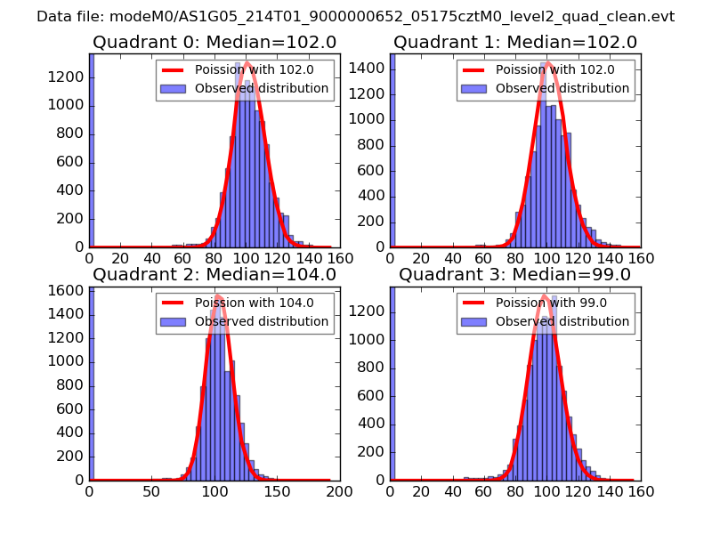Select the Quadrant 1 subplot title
click(x=515, y=42)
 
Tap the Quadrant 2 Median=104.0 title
click(x=214, y=274)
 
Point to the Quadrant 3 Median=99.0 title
click(x=514, y=274)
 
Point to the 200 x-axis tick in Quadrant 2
click(x=340, y=491)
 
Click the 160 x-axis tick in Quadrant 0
click(x=340, y=259)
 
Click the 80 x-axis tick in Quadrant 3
click(x=515, y=491)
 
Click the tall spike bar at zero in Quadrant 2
click(x=92, y=383)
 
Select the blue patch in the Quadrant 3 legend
click(x=475, y=321)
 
